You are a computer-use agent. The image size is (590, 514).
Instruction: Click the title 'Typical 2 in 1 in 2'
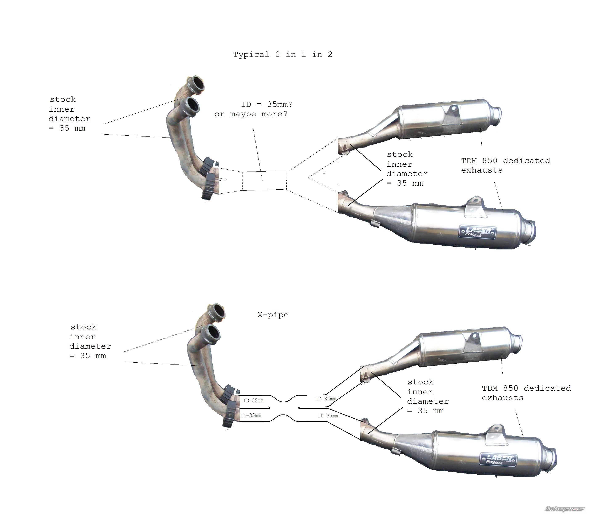click(x=283, y=55)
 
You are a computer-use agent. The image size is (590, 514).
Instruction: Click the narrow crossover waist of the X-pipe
click(x=284, y=408)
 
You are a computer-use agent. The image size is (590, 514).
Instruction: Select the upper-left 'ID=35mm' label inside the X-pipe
click(x=253, y=400)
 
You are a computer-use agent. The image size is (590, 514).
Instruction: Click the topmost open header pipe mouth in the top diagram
click(x=198, y=84)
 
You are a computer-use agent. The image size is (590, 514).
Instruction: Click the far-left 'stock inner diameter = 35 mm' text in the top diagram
click(x=69, y=114)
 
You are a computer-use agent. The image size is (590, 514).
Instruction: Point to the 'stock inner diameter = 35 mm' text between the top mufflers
click(x=407, y=169)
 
